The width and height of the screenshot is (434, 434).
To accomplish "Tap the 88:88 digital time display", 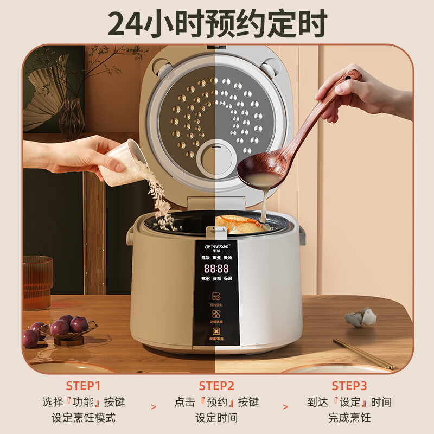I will pos(216,268).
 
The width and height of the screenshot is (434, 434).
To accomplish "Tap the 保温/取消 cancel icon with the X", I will pos(216,332).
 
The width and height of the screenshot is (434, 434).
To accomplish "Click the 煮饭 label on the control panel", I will pos(206,258).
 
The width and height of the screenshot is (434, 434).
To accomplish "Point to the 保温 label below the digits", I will pos(227,278).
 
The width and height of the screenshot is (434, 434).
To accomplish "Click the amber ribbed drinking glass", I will pos(37,282).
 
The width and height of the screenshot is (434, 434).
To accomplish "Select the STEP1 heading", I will pos(84,386).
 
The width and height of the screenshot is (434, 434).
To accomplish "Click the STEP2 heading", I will pos(216,386).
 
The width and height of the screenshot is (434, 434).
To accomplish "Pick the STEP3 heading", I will pos(349,386).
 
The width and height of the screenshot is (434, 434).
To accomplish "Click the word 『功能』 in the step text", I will pos(84,402).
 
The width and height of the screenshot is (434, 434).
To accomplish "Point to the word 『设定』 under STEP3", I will pos(349,402).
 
